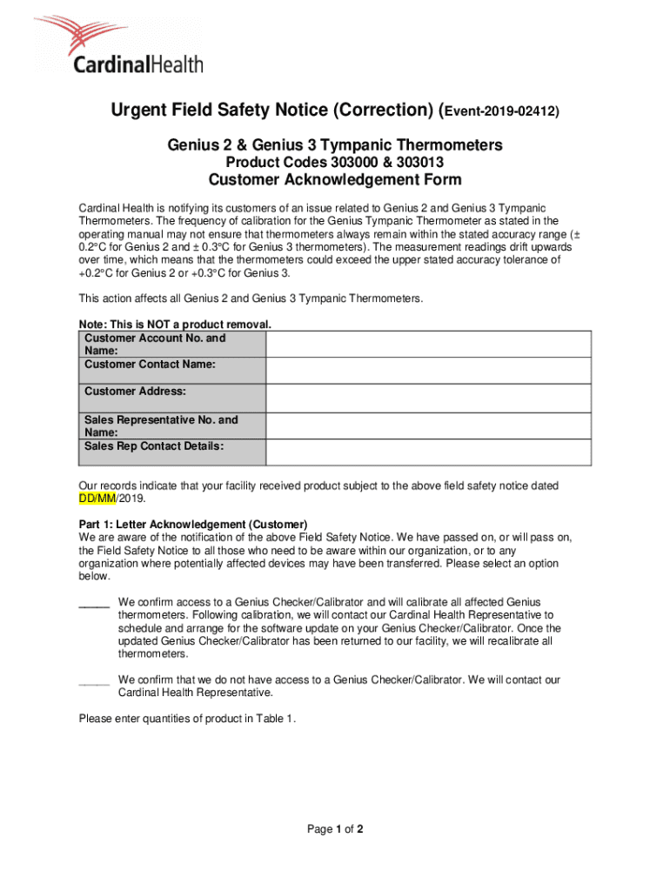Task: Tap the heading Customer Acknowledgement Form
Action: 335,180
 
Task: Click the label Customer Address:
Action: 135,392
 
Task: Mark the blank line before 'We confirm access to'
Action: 94,602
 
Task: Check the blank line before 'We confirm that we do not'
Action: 94,680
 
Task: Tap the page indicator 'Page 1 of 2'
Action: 335,829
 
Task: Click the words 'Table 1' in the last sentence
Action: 276,718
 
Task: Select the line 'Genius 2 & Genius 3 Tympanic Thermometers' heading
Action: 335,144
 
